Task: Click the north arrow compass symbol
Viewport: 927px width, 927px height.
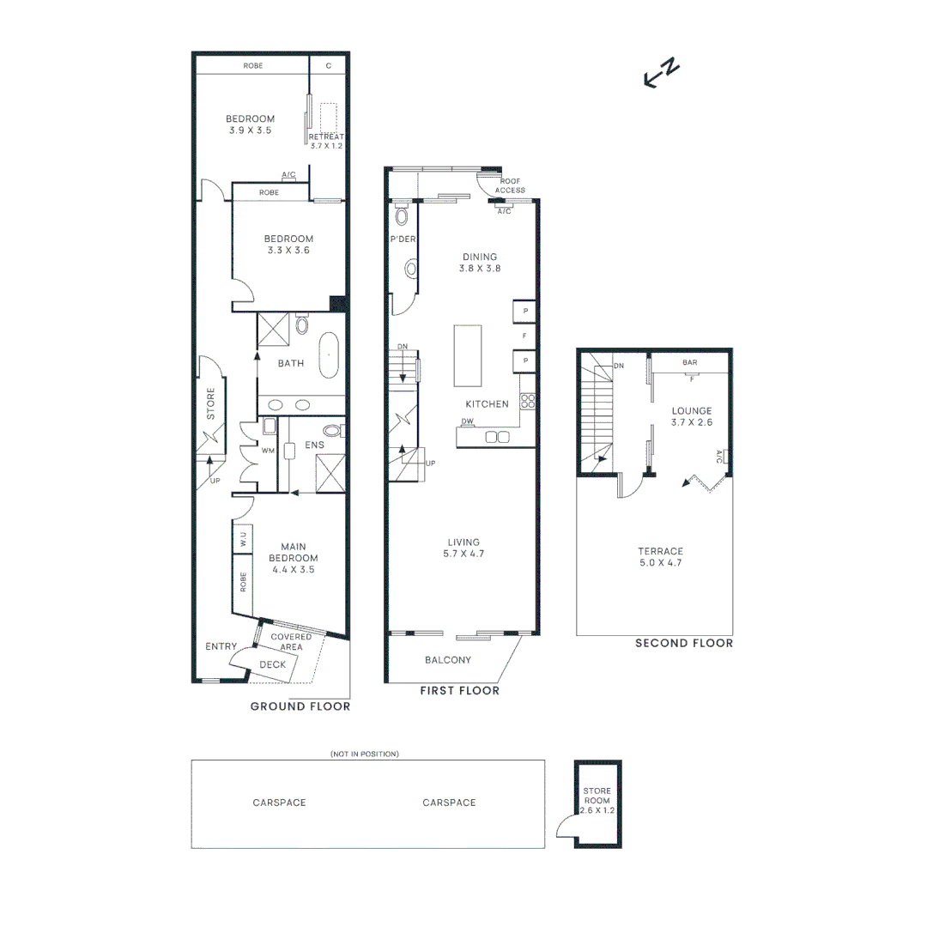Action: (x=662, y=74)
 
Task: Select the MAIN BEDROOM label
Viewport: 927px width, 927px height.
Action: (x=293, y=558)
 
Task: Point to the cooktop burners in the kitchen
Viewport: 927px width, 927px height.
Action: (x=528, y=402)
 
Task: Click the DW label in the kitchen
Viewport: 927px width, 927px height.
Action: (x=468, y=421)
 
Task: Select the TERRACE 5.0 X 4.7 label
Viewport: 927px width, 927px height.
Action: (x=660, y=557)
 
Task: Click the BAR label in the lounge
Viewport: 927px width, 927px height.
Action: (x=689, y=363)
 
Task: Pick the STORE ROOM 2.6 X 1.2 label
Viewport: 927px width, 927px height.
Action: (x=597, y=800)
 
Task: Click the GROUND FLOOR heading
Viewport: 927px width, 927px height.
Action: (x=300, y=706)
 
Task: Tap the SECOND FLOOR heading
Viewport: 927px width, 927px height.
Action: (x=684, y=643)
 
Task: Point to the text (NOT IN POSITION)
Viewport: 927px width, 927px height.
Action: (x=365, y=754)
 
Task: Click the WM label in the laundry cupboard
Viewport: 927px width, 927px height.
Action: (x=268, y=450)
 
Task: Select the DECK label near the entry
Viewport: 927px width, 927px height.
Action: (x=272, y=664)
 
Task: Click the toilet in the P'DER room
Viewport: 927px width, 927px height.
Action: (x=401, y=215)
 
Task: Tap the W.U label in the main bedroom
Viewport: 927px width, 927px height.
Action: (x=244, y=539)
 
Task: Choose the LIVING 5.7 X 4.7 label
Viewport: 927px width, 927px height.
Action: (x=463, y=548)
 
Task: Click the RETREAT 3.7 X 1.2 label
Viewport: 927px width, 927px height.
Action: (x=326, y=142)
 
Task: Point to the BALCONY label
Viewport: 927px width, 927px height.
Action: (x=448, y=660)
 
